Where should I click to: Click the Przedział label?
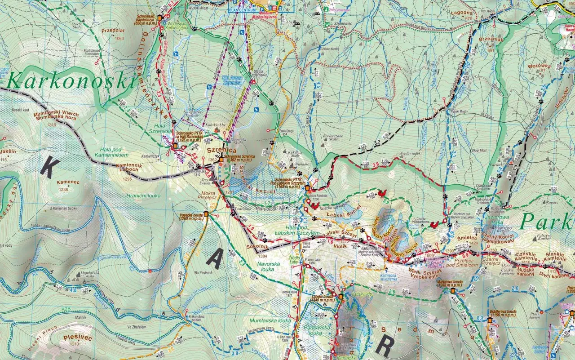pos(113,31)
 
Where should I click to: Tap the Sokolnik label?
pos(257,248)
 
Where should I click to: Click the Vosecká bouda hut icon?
pos(206,214)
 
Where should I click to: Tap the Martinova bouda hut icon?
pos(453,290)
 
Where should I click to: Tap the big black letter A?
pos(215,259)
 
